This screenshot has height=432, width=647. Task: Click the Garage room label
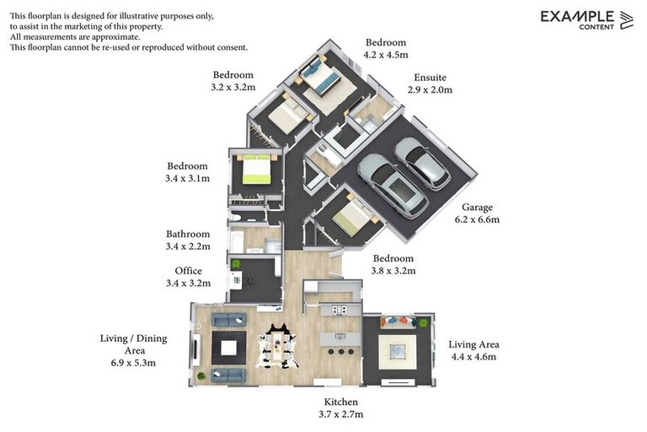(x=477, y=208)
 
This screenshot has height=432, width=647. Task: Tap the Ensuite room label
(x=430, y=78)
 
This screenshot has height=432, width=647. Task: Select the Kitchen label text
(x=341, y=402)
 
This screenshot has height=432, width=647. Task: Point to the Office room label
(x=188, y=271)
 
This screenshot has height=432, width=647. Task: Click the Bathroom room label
(x=188, y=234)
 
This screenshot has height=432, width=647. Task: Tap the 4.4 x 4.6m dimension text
(x=473, y=357)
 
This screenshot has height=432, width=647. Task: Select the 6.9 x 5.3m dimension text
(x=133, y=363)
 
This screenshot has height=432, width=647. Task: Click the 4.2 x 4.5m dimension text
(x=386, y=55)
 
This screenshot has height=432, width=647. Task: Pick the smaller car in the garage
(x=422, y=164)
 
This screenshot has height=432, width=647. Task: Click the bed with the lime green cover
(x=256, y=169)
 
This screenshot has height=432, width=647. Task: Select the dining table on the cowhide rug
(x=277, y=344)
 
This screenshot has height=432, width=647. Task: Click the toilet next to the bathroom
(x=235, y=217)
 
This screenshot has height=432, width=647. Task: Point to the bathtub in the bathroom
(x=237, y=242)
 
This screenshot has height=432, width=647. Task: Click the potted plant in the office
(x=236, y=264)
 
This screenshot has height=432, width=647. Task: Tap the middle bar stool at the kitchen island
(x=341, y=352)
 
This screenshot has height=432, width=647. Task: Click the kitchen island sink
(x=340, y=337)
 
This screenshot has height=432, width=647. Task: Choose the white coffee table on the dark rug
(x=228, y=348)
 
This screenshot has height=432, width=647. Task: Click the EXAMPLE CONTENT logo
(x=586, y=20)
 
